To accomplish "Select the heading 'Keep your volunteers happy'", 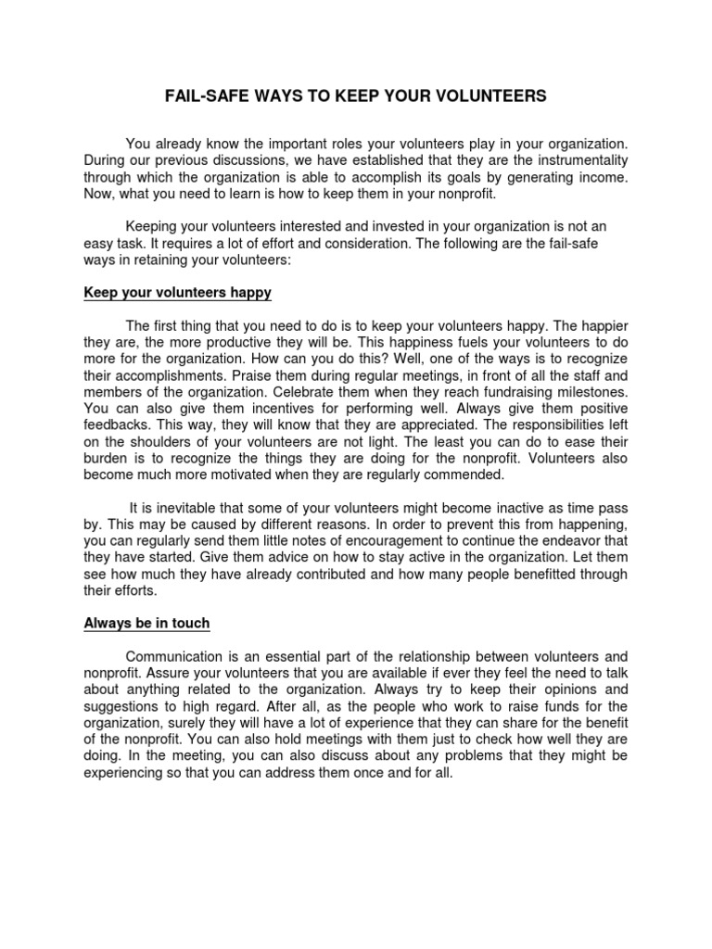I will [177, 293].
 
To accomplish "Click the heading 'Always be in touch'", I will [147, 624].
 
